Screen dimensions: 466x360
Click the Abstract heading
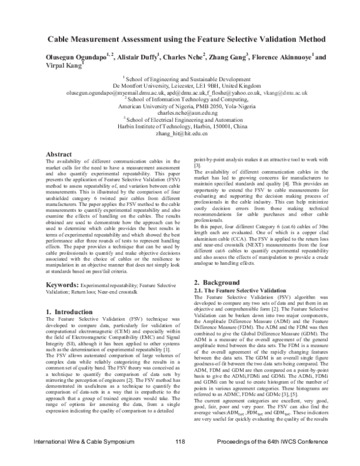tap(59, 155)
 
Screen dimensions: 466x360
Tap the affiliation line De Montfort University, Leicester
tap(181, 86)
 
